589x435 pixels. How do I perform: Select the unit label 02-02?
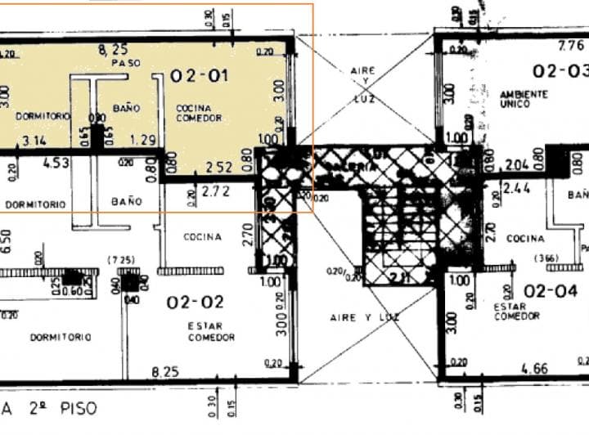(x=195, y=303)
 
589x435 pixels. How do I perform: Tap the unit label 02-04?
(x=551, y=290)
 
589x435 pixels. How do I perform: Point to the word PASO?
(x=125, y=63)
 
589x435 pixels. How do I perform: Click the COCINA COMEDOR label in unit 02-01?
(x=194, y=114)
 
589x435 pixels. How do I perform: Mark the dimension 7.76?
(x=570, y=46)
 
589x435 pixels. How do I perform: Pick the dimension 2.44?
(x=516, y=189)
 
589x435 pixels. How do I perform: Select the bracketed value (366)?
(x=545, y=258)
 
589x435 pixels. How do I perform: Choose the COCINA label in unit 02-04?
(x=525, y=239)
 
